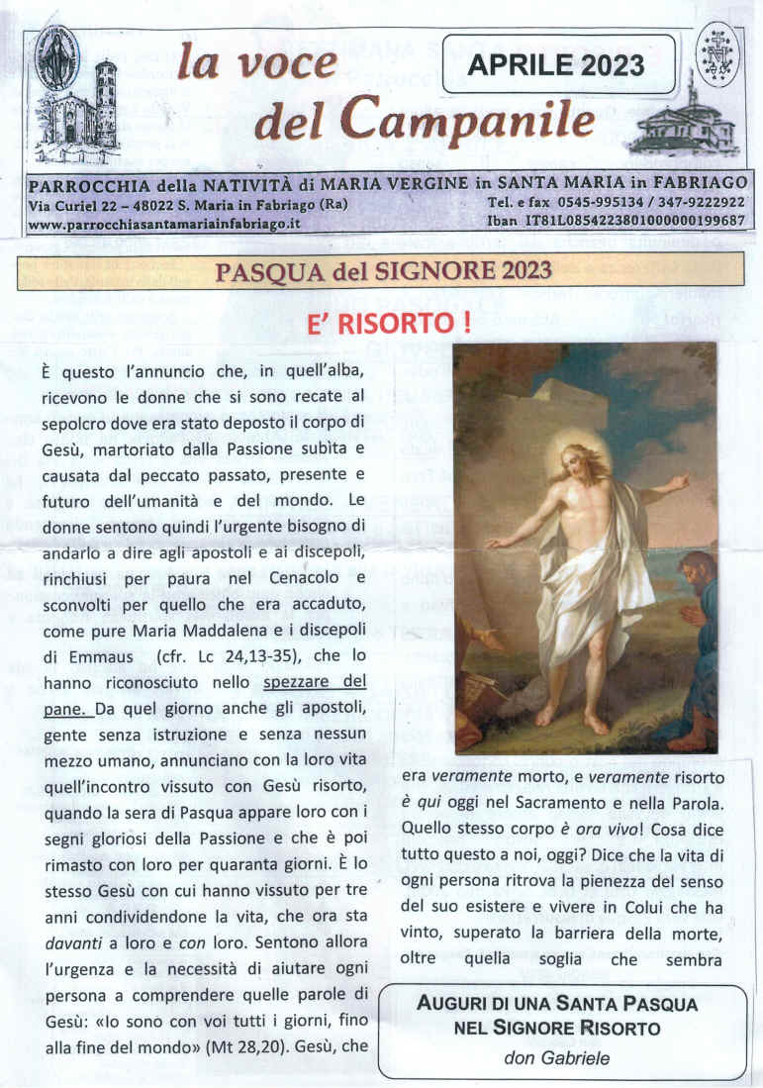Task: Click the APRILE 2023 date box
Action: tap(557, 64)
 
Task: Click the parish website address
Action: tap(164, 224)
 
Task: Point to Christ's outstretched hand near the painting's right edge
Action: tap(679, 483)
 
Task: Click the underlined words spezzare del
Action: tap(315, 683)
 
